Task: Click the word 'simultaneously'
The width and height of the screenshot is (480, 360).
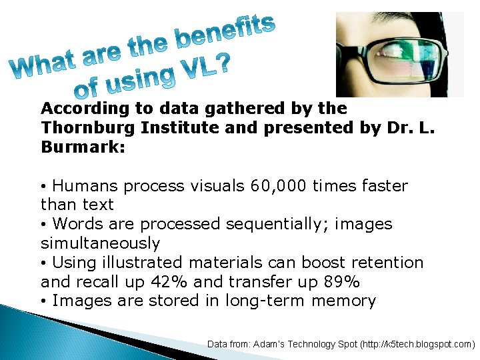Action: point(100,243)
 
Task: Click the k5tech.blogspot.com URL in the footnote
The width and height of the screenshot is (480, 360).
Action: point(414,344)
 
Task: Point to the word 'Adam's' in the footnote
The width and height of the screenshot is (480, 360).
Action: point(274,344)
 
